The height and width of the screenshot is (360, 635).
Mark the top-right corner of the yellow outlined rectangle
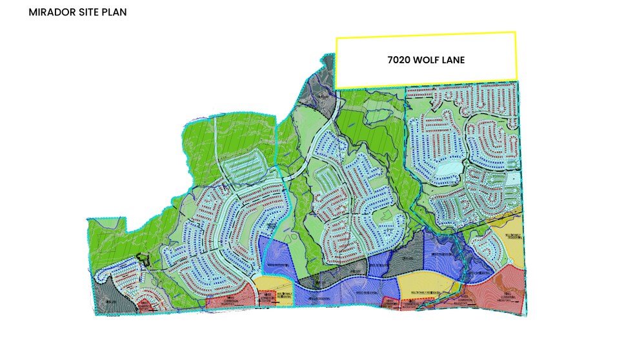515,32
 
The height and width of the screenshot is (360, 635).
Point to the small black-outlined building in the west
143,261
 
